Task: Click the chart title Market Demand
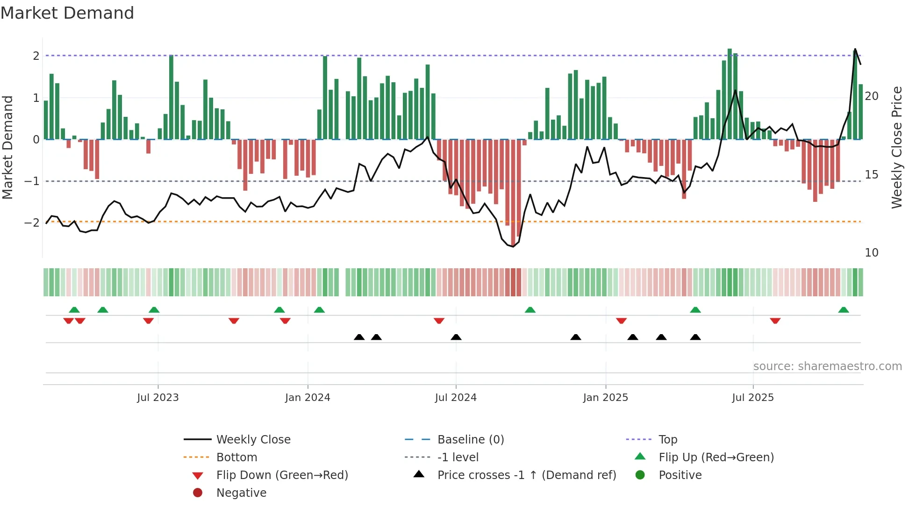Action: coord(67,13)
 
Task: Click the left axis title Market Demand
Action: coord(8,147)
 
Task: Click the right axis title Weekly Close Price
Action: coord(896,147)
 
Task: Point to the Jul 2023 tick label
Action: coord(158,398)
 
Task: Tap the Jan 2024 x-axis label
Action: coord(308,398)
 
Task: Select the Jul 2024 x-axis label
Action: coord(456,398)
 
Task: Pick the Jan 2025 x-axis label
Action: coord(606,398)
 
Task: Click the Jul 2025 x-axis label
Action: coord(753,398)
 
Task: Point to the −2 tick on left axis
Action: coord(32,222)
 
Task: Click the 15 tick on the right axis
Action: coord(872,175)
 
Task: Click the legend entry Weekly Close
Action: coord(253,440)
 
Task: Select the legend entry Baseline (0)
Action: coord(471,440)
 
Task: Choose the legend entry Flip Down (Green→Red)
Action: coord(282,475)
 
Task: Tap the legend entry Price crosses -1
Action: coord(527,475)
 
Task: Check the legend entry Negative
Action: coord(241,493)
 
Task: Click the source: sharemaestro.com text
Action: coord(827,366)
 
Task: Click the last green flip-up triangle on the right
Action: coord(844,310)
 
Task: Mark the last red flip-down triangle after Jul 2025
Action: coord(775,321)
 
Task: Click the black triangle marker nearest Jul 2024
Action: coord(456,337)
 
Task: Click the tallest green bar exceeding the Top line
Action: coord(730,93)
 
